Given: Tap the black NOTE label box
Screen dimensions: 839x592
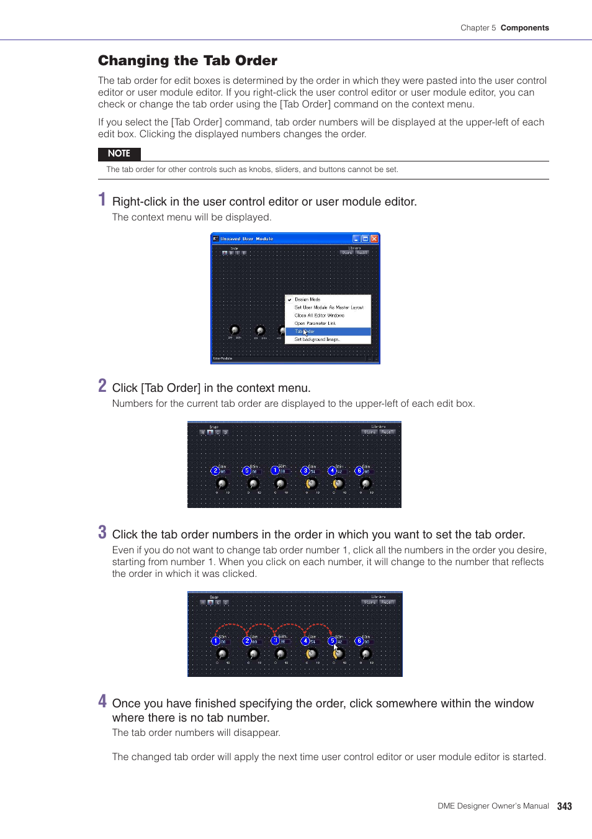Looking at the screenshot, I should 119,153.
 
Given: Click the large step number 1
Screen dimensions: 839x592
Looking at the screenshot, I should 102,199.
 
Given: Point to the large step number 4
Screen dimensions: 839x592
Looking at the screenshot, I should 102,701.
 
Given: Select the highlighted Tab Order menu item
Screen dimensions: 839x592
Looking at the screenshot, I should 328,332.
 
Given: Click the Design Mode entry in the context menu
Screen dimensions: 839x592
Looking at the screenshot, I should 307,299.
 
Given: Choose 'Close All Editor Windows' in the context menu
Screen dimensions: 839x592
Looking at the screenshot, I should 319,315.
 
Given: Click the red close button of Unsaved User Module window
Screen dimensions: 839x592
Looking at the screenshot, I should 374,238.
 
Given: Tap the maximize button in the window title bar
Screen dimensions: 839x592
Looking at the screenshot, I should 366,238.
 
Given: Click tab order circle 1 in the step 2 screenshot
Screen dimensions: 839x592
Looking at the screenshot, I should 275,470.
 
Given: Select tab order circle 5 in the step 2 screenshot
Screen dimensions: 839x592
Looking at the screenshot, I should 246,471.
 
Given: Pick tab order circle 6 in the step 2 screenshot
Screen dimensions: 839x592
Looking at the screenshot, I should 359,471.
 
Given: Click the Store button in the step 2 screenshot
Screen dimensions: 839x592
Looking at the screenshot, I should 370,432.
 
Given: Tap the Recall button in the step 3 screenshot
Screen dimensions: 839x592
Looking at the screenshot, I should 388,602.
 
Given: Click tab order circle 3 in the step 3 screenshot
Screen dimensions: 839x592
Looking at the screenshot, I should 275,640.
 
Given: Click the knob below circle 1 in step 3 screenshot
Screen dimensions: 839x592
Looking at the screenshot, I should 222,653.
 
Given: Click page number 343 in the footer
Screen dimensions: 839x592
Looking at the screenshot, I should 564,806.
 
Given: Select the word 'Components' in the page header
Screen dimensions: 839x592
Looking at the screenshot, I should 524,28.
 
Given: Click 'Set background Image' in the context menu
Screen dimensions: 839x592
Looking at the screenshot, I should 317,340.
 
